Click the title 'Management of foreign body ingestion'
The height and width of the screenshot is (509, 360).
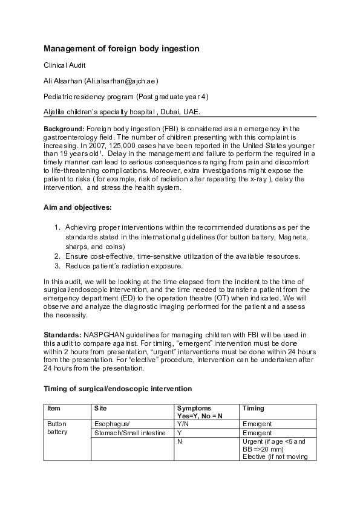coord(122,48)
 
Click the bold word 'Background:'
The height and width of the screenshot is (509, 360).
coord(65,129)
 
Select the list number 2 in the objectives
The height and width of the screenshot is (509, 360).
coord(57,257)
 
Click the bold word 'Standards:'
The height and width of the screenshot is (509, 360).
coord(63,334)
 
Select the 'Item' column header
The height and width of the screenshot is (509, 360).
coord(53,409)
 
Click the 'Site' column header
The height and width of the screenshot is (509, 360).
coord(100,409)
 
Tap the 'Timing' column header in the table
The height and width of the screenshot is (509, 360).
coord(253,409)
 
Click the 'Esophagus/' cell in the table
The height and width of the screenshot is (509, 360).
coord(113,424)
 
